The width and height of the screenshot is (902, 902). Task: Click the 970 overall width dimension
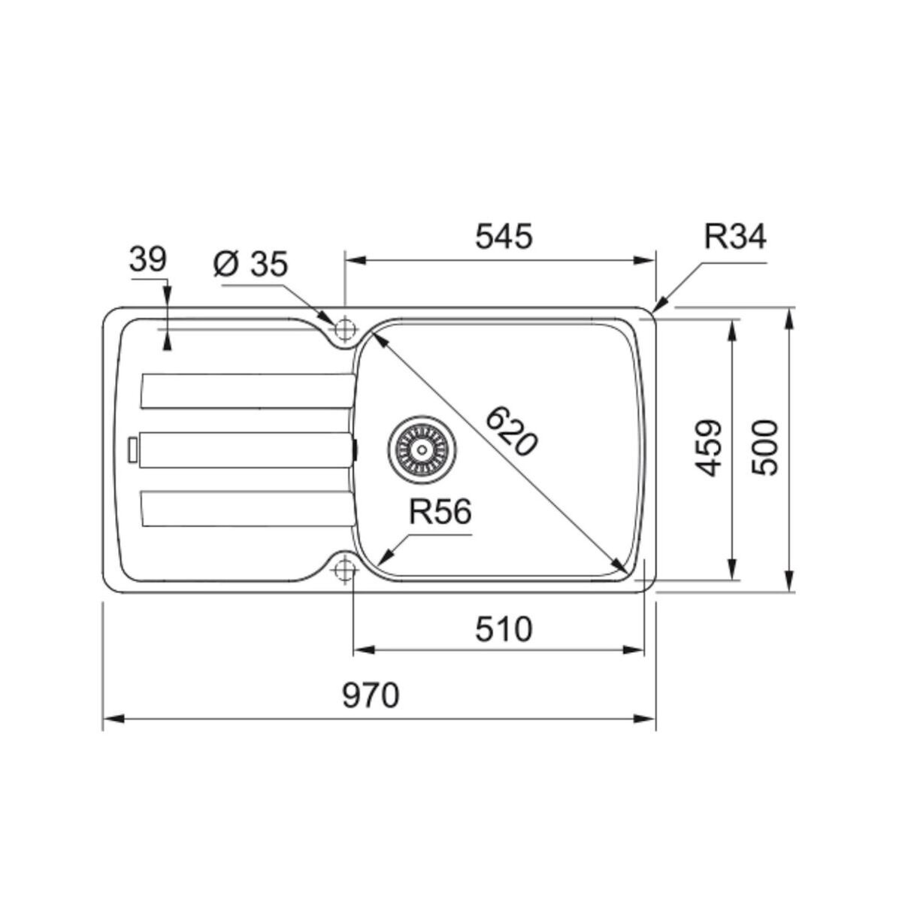tap(371, 696)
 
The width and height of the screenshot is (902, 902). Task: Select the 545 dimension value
tap(504, 237)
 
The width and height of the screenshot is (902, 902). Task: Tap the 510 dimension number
tap(504, 628)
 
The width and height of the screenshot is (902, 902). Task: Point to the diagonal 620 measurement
tap(511, 431)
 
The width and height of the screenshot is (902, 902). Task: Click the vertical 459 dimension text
tap(708, 448)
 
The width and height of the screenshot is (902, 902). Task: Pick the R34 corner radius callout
tap(735, 237)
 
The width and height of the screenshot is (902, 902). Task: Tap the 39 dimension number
tap(147, 260)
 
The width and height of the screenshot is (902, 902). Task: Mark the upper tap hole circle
tap(345, 328)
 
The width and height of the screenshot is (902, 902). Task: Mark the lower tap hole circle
tap(345, 570)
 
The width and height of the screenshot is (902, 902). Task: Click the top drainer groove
tap(247, 391)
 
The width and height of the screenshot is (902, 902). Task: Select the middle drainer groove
tap(244, 449)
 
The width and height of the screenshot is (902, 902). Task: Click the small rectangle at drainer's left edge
tap(133, 449)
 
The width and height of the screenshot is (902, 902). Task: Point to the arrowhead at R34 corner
tap(659, 305)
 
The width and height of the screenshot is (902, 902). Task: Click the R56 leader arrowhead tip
tap(383, 561)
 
